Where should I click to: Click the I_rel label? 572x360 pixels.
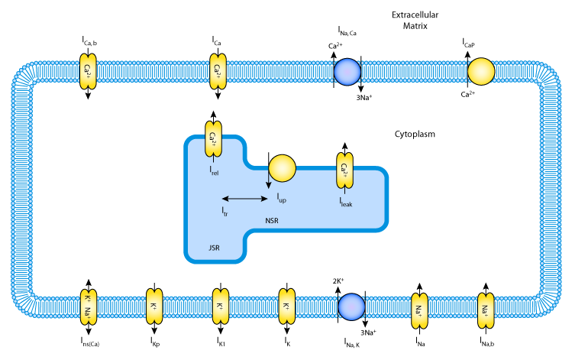click(214, 171)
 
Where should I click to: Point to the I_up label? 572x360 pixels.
click(281, 198)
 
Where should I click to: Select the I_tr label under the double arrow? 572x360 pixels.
click(225, 211)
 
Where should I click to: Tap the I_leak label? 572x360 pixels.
click(346, 203)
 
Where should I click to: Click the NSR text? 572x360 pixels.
click(272, 221)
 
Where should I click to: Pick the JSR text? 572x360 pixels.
click(214, 248)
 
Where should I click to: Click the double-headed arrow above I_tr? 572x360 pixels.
click(244, 199)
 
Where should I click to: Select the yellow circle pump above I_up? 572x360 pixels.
click(282, 168)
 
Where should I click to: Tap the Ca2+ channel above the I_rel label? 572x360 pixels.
click(213, 138)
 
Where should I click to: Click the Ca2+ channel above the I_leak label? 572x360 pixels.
click(344, 170)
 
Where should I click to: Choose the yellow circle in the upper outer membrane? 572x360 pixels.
click(481, 71)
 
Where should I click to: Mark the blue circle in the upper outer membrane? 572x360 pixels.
click(347, 72)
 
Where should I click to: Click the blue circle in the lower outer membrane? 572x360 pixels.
click(351, 306)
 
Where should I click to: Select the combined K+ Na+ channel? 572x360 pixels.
click(88, 306)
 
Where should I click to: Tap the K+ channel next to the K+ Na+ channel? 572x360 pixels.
click(154, 306)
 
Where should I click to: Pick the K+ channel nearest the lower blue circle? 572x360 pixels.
click(286, 306)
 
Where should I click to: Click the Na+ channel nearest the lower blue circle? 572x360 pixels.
click(419, 310)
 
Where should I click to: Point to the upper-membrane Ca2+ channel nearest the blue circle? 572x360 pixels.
click(218, 71)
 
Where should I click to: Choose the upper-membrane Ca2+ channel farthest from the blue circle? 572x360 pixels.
click(88, 71)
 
